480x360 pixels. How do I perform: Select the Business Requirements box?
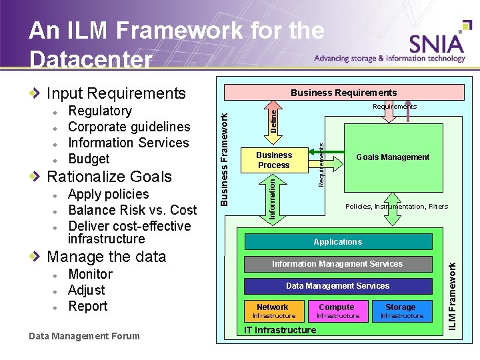[x=343, y=93]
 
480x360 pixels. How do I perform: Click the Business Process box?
[x=274, y=160]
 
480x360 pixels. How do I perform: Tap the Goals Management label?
[x=393, y=157]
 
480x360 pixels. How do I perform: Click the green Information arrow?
[x=273, y=197]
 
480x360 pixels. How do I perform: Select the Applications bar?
[x=338, y=241]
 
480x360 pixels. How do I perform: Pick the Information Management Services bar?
[x=337, y=264]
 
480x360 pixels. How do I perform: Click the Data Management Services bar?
[x=337, y=286]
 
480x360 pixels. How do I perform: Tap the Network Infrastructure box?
[x=273, y=311]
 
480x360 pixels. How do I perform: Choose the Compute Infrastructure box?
[x=337, y=311]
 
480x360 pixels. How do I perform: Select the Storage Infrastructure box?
[x=401, y=311]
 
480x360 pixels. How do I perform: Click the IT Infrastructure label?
[x=280, y=330]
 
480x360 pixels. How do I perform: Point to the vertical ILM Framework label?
[x=453, y=295]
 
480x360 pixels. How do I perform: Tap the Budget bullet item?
[x=89, y=159]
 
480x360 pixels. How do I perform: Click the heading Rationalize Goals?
[x=109, y=177]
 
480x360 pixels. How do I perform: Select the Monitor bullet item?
[x=90, y=274]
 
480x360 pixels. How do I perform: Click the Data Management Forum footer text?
[x=85, y=336]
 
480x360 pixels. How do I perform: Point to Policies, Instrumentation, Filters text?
[x=396, y=207]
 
